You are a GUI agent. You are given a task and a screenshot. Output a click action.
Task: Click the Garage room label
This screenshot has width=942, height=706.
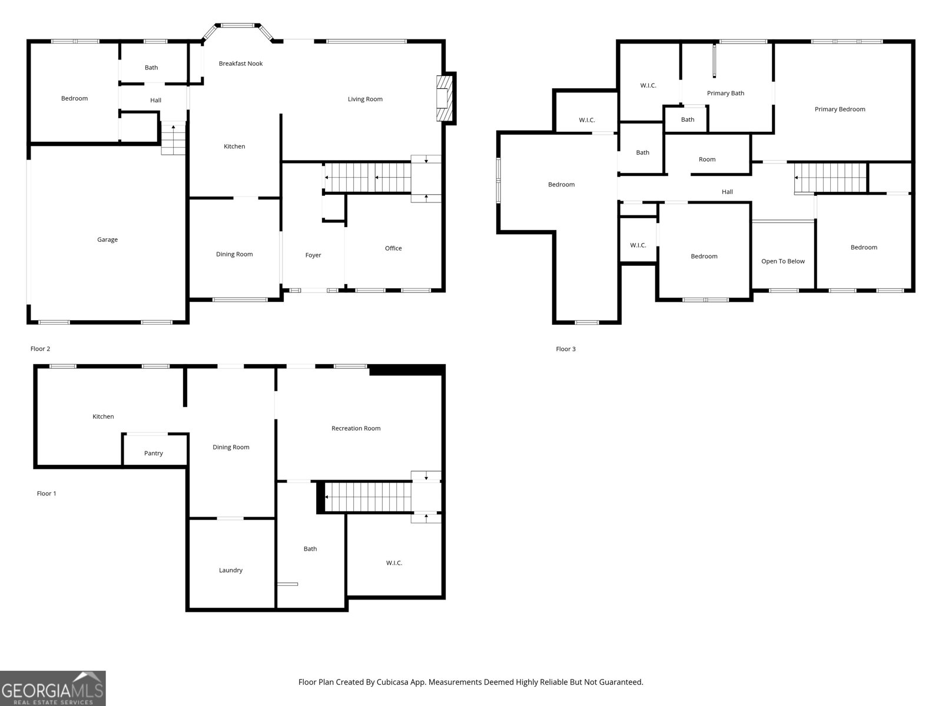[x=107, y=239]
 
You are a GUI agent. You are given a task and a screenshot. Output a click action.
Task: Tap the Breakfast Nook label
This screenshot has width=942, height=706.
[x=240, y=64]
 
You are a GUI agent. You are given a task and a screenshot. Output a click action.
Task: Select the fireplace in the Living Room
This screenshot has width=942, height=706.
[x=446, y=98]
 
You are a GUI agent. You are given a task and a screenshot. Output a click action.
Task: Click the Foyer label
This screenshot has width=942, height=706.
[x=313, y=255]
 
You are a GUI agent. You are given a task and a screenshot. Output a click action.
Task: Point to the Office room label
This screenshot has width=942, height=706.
[x=393, y=248]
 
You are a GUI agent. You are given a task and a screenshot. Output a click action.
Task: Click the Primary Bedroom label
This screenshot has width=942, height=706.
[x=840, y=109]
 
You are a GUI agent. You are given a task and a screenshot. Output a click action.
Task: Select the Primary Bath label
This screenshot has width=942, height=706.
[x=725, y=94]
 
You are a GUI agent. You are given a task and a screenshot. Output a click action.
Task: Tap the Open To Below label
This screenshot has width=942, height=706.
[x=782, y=261]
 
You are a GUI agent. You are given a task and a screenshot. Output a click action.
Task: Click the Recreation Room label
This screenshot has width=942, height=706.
[x=356, y=428]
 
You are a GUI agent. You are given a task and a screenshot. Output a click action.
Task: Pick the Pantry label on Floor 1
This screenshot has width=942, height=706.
[x=154, y=454]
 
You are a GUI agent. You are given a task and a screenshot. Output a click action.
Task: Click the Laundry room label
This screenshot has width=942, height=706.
[x=231, y=570]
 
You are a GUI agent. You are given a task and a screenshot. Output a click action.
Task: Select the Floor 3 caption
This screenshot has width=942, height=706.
[x=566, y=349]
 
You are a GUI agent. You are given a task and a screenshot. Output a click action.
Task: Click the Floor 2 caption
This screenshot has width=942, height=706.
[x=41, y=349]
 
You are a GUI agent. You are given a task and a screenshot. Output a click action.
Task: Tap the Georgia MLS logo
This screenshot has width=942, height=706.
[x=53, y=688]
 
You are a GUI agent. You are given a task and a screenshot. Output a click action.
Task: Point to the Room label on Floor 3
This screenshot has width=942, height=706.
[x=707, y=159]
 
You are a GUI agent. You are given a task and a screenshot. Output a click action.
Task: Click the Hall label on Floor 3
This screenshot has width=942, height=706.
[x=727, y=192]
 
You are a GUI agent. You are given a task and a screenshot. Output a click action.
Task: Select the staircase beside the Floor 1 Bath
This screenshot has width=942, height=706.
[x=368, y=497]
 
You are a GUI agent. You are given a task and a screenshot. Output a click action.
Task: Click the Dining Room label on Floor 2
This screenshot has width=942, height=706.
[x=234, y=255]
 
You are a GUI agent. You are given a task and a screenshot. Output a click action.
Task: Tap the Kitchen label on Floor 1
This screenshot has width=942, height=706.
[x=103, y=417]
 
